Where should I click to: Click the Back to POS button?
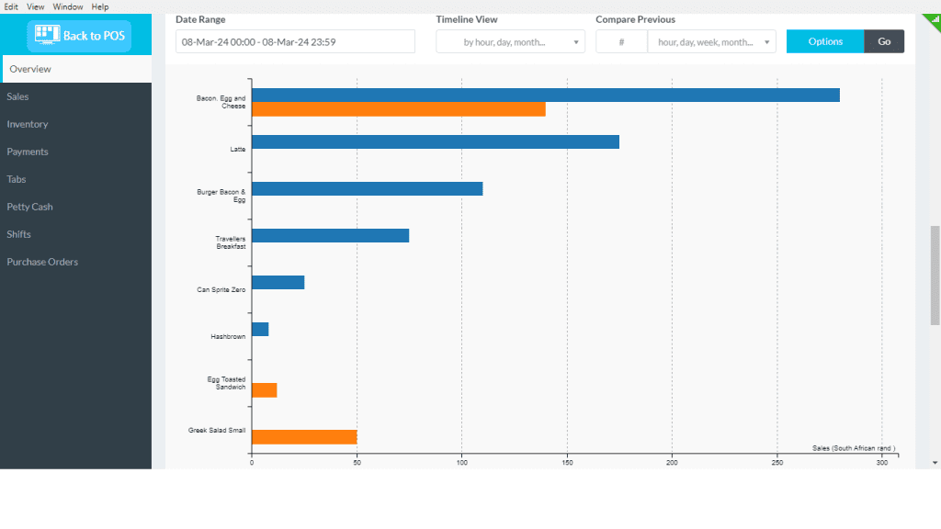point(79,36)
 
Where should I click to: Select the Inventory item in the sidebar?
point(28,124)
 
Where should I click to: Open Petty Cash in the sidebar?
point(29,207)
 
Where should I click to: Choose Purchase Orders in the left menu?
point(42,262)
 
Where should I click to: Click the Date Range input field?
point(295,41)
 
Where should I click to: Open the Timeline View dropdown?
point(510,41)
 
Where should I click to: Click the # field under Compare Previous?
point(621,41)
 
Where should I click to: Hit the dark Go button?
point(884,41)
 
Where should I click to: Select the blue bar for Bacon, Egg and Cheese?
point(545,96)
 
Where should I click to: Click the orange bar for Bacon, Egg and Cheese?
point(398,109)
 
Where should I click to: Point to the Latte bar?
point(435,142)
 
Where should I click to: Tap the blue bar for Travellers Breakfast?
point(330,236)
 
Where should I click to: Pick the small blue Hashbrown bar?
point(260,329)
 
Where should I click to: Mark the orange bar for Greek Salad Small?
point(304,437)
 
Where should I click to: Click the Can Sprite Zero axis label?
point(221,289)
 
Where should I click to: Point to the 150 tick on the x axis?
point(567,463)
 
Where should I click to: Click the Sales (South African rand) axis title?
point(854,448)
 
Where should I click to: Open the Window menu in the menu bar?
point(68,6)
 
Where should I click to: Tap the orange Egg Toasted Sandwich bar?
point(264,390)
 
